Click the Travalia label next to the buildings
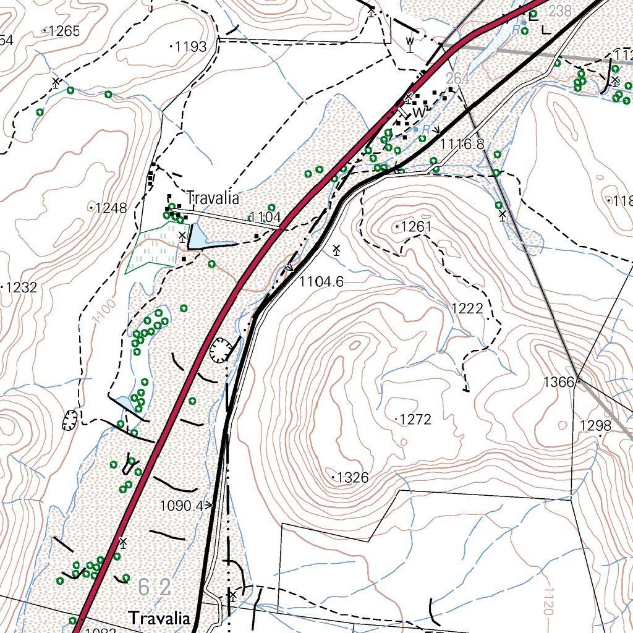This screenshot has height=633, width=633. [213, 199]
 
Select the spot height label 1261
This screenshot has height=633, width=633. [415, 227]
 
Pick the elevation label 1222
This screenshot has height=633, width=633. [467, 308]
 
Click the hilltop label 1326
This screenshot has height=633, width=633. [353, 478]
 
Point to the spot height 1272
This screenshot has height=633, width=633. [415, 420]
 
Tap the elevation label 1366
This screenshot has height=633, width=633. [559, 382]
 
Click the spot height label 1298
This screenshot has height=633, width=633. [595, 425]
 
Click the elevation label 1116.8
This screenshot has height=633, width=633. [462, 144]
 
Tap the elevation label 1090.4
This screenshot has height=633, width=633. [181, 506]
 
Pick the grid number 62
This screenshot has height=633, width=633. [155, 587]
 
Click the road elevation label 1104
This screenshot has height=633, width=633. [267, 217]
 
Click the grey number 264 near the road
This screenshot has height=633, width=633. [458, 79]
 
